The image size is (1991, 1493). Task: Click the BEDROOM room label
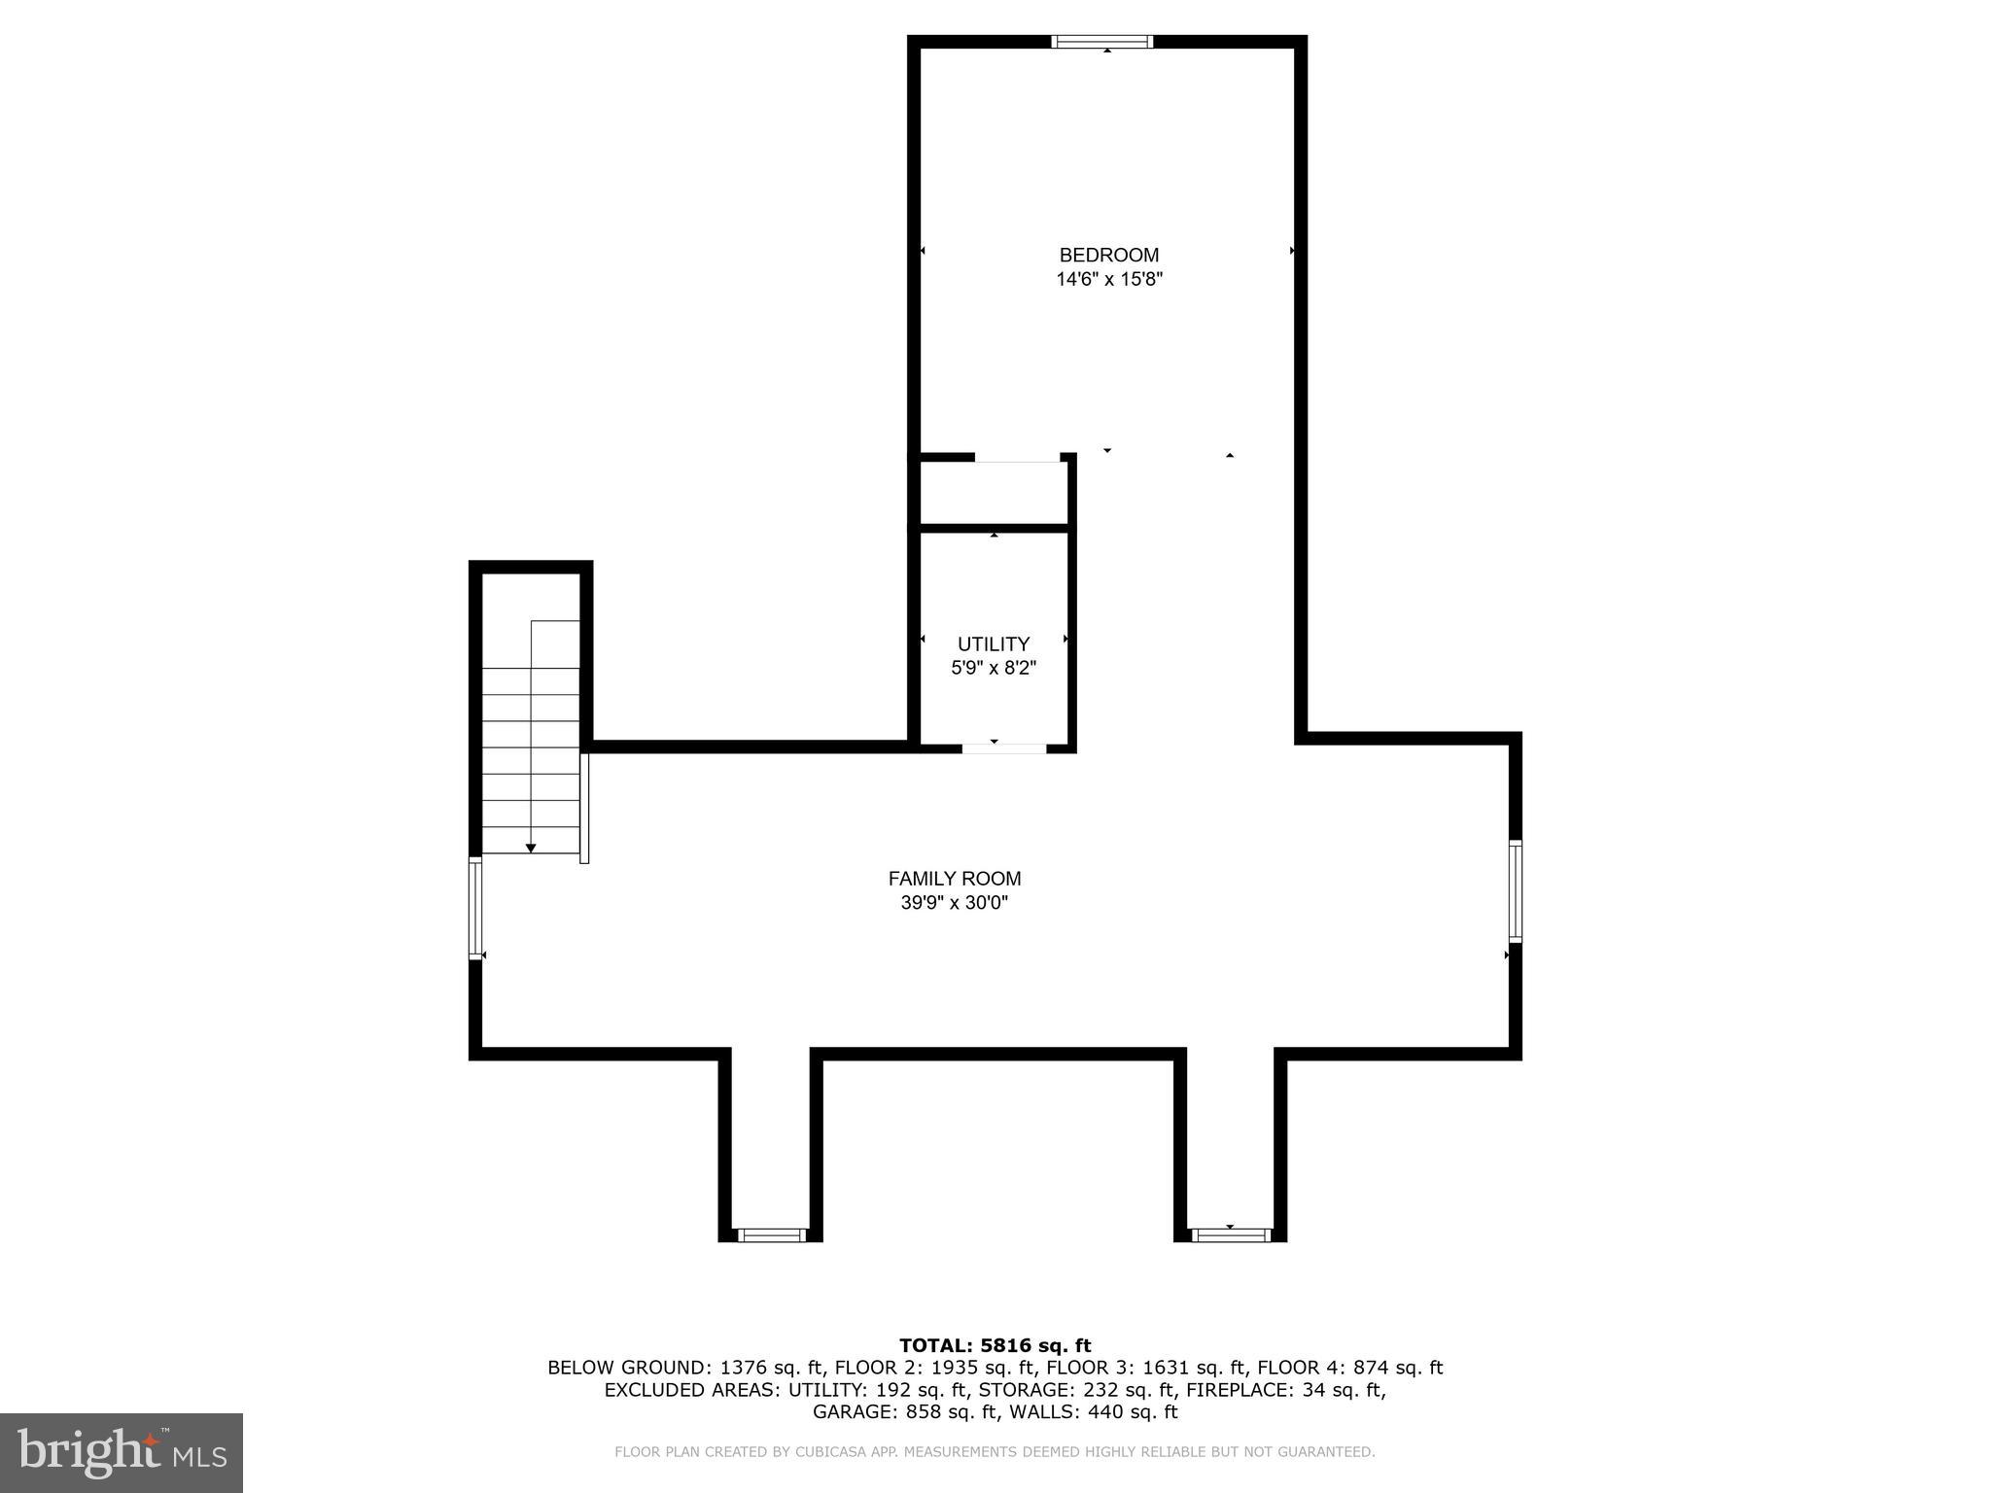tap(1108, 255)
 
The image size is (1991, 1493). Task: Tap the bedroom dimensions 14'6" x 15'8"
tap(1109, 280)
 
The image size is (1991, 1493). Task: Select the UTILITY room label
tap(993, 643)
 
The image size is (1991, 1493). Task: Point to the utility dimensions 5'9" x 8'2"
tap(993, 669)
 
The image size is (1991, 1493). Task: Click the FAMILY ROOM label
tap(954, 878)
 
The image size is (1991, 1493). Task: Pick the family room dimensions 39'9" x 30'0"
tap(954, 903)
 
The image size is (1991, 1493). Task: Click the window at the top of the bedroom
tap(1102, 42)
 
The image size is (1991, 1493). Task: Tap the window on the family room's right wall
tap(1515, 891)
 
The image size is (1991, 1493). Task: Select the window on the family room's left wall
tap(475, 908)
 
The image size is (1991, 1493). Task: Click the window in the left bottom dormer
tap(771, 1235)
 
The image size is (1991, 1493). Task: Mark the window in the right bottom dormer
tap(1231, 1235)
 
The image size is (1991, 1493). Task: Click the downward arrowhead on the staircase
tap(531, 849)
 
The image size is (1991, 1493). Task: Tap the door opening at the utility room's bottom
tap(1004, 747)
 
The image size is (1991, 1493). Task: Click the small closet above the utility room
tap(993, 494)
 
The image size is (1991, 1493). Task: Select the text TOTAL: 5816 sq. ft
tap(995, 1345)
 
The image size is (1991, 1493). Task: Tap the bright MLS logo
tap(122, 1452)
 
